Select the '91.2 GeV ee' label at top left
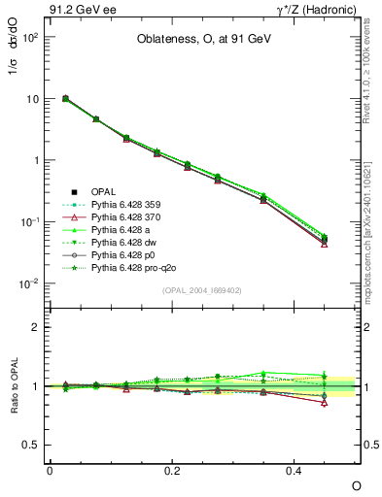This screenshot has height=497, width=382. coord(79,11)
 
